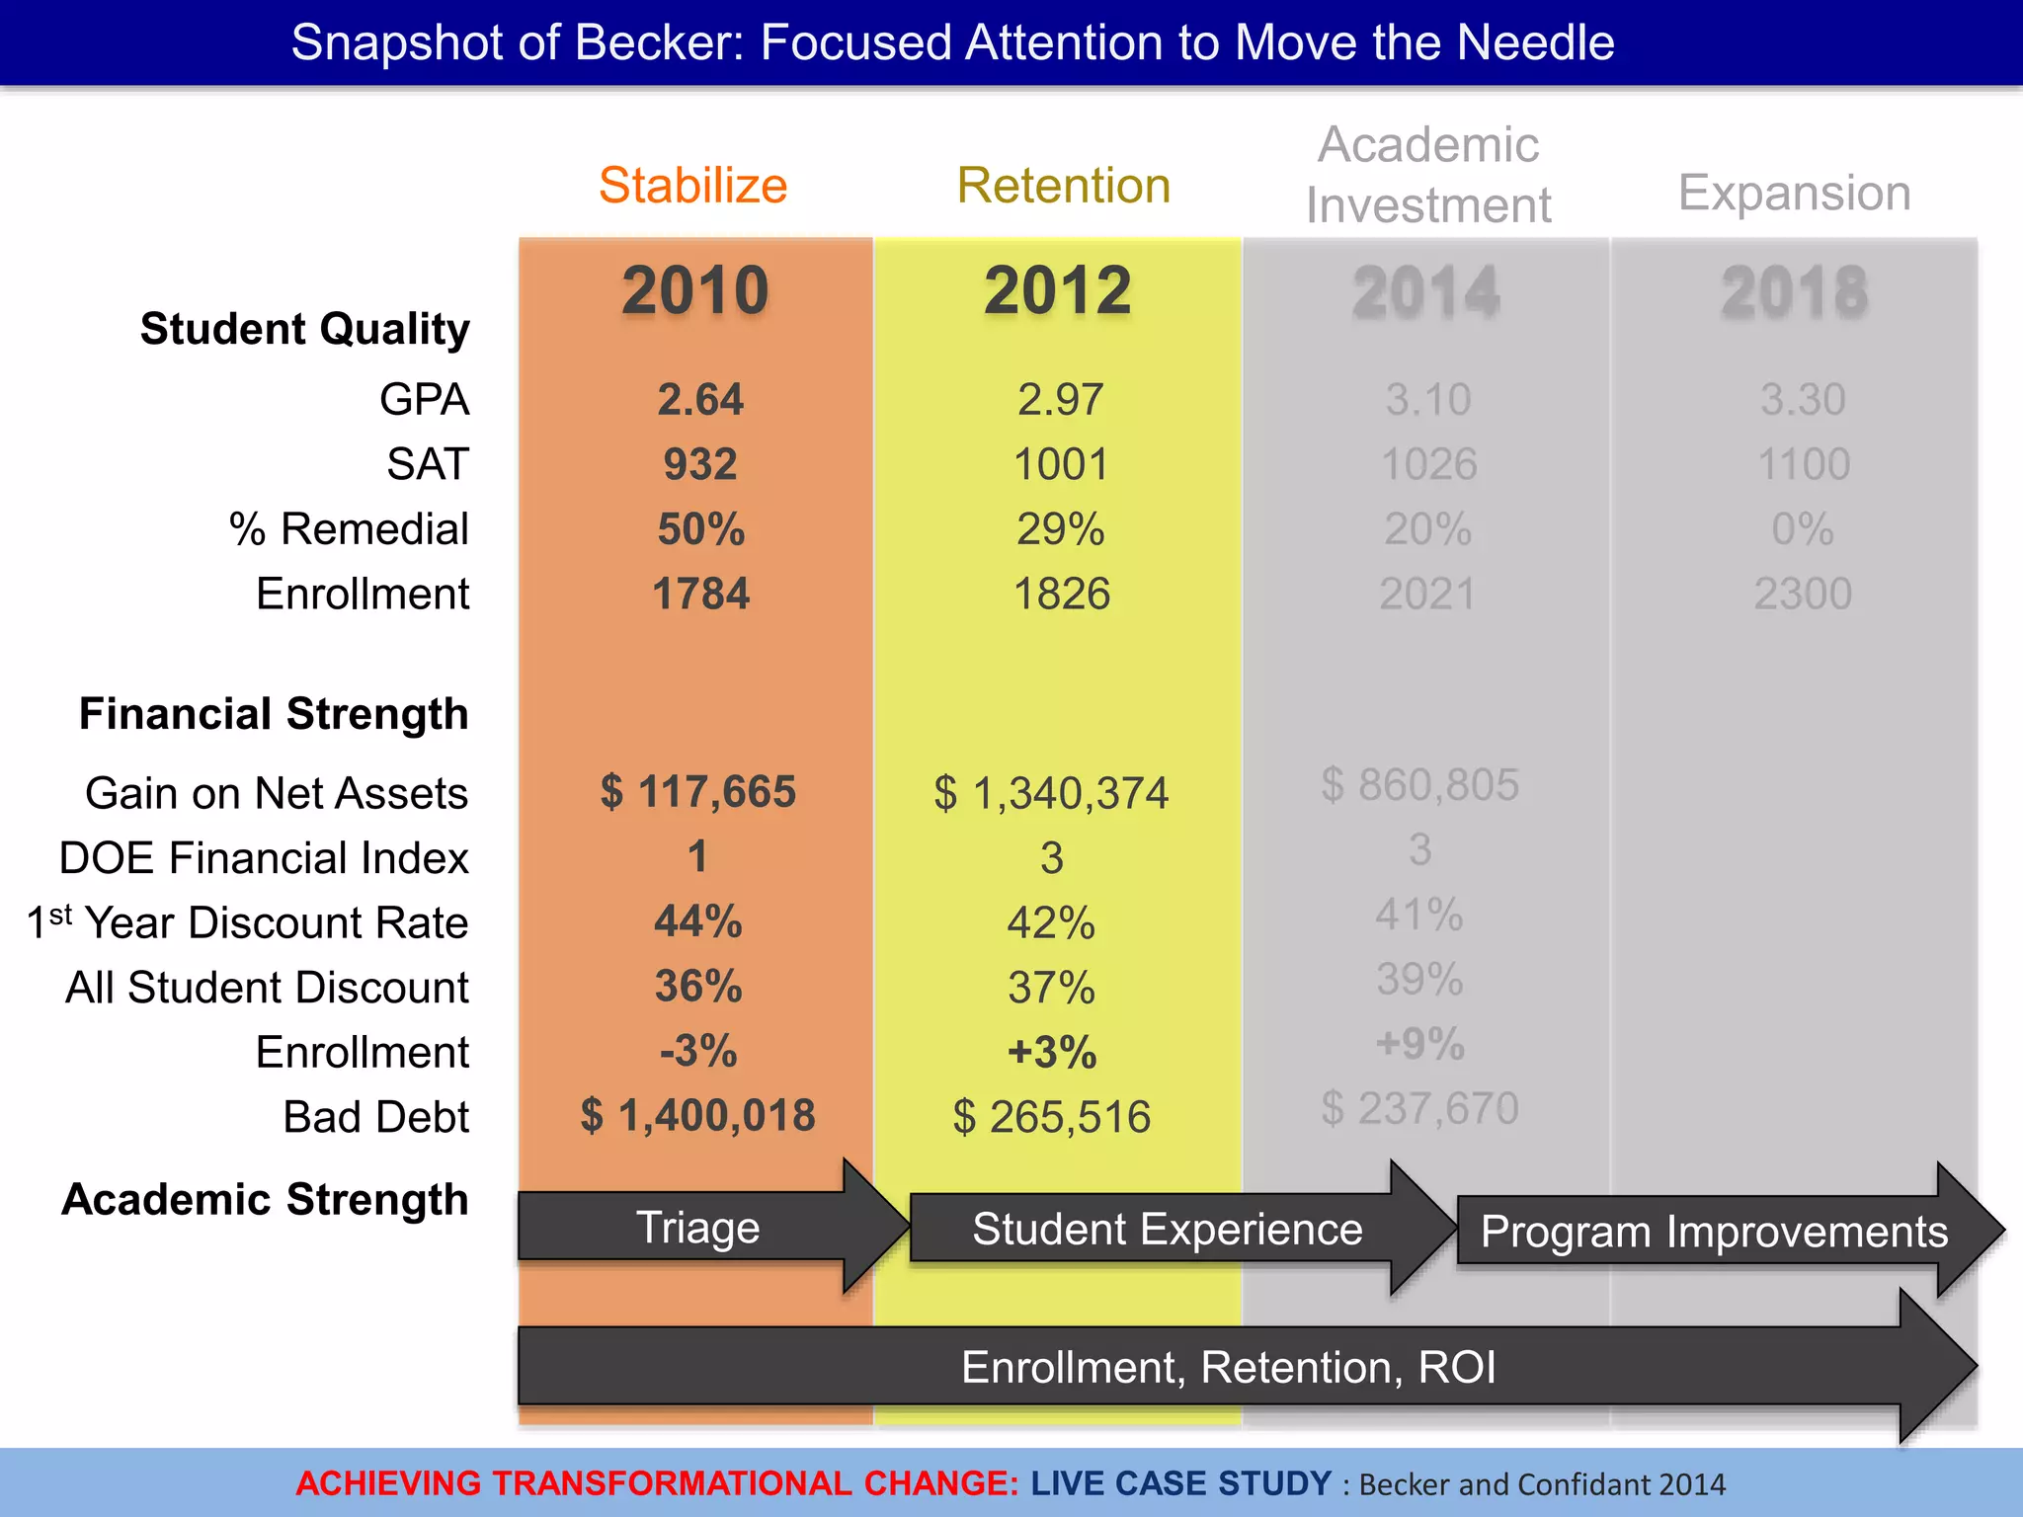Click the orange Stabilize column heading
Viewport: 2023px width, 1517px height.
click(x=692, y=186)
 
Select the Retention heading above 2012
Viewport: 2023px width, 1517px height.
click(x=1063, y=186)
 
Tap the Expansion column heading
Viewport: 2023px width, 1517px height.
click(x=1794, y=193)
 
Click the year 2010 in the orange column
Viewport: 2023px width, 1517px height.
click(x=695, y=291)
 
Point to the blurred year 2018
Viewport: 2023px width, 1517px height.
click(x=1794, y=293)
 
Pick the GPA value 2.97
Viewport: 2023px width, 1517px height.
click(x=1060, y=400)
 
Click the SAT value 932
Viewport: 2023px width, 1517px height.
click(x=699, y=464)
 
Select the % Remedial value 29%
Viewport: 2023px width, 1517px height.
click(x=1060, y=529)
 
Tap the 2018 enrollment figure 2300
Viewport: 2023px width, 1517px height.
click(x=1802, y=595)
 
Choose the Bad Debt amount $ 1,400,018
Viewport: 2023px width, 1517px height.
click(x=697, y=1116)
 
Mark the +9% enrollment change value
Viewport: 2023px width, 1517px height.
click(x=1419, y=1044)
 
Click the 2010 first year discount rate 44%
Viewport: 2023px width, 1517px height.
click(x=697, y=922)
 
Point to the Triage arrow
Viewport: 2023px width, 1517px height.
click(x=697, y=1228)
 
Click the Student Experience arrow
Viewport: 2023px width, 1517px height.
click(x=1167, y=1230)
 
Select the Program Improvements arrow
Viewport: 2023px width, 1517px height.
click(x=1714, y=1232)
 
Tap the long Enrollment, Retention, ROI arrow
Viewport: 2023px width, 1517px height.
click(x=1227, y=1368)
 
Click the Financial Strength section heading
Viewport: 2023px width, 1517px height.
click(x=274, y=714)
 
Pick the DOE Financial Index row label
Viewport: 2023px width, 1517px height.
click(x=263, y=858)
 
